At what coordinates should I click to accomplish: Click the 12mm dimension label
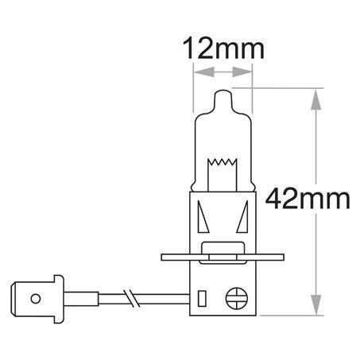point(222,48)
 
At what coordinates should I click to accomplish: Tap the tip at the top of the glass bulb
point(223,93)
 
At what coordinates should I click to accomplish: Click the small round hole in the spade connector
point(34,300)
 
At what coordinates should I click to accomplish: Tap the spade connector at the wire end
point(32,300)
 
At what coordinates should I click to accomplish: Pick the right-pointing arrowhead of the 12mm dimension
point(246,72)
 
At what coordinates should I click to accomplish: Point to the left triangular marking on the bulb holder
point(203,216)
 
